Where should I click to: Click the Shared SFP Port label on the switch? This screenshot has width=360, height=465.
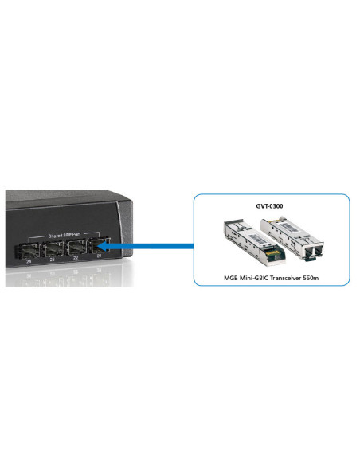(65, 235)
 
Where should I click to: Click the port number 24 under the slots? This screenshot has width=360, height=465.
(29, 260)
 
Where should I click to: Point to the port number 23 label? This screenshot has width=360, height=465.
(53, 260)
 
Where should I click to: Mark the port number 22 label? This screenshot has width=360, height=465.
(76, 260)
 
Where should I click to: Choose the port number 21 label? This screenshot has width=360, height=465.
(99, 260)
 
